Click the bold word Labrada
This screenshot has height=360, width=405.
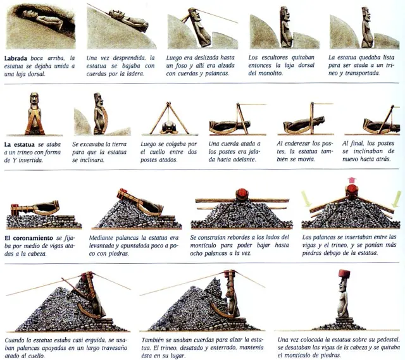16,58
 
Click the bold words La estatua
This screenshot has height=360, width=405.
19,145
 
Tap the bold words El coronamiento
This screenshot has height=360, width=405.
28,238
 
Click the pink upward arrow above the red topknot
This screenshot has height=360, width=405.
351,180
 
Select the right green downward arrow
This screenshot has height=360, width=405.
397,199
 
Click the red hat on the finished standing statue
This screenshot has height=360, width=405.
344,274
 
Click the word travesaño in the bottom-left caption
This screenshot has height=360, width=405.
115,348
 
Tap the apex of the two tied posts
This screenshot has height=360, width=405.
169,103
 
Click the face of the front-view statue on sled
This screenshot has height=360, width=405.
34,99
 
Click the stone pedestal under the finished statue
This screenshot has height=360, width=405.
344,321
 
